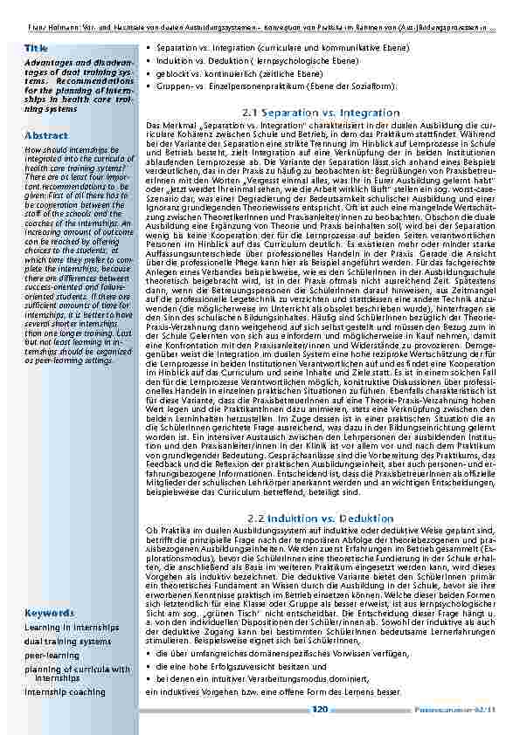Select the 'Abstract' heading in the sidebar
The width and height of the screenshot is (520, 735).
(x=45, y=136)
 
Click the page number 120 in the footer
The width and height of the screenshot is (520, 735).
(x=319, y=710)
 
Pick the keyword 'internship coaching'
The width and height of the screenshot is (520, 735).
(x=66, y=691)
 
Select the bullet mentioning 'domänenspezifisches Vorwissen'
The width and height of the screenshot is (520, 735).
(x=273, y=652)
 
